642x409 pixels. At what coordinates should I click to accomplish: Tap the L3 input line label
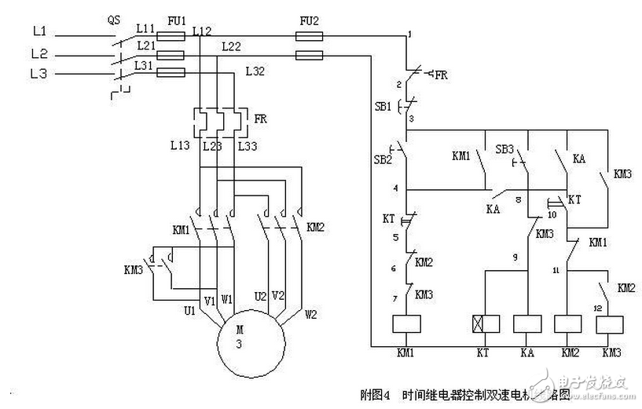(x=40, y=75)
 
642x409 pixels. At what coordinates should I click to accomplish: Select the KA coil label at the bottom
(x=528, y=353)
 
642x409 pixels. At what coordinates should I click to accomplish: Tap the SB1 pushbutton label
(x=383, y=105)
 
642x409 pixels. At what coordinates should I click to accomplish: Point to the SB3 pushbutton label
(x=504, y=149)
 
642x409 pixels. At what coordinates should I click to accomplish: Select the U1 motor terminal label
(x=189, y=312)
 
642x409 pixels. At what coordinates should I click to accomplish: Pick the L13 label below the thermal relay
(x=178, y=146)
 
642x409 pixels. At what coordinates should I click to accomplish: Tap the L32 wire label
(x=255, y=71)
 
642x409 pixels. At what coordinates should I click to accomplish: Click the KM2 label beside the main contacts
(x=315, y=228)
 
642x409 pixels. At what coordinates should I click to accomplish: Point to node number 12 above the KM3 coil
(x=597, y=307)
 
